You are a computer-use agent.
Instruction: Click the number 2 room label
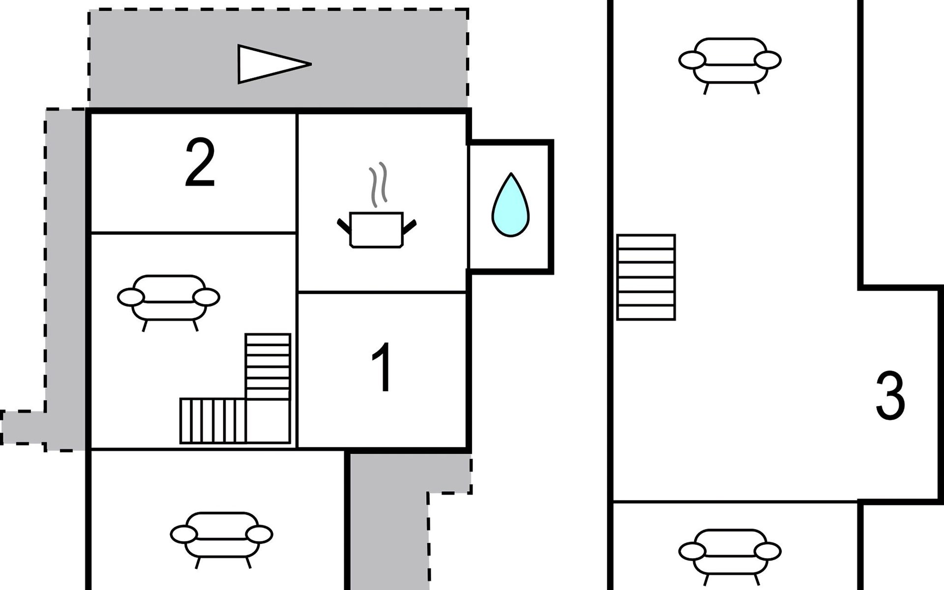point(200,163)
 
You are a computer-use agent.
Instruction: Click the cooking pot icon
point(377,230)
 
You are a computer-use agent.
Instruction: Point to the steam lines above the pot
point(378,184)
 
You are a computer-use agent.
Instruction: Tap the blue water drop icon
point(510,206)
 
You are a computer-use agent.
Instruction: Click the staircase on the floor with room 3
point(646,277)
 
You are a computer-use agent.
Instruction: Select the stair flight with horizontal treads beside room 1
point(268,366)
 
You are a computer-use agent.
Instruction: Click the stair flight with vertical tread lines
point(213,421)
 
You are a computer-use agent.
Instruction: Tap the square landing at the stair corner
point(268,421)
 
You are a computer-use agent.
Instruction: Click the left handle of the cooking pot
point(343,226)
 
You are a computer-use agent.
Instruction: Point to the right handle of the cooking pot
point(410,226)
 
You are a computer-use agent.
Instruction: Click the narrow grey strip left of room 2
point(65,275)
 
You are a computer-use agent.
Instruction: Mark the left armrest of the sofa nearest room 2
point(131,297)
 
